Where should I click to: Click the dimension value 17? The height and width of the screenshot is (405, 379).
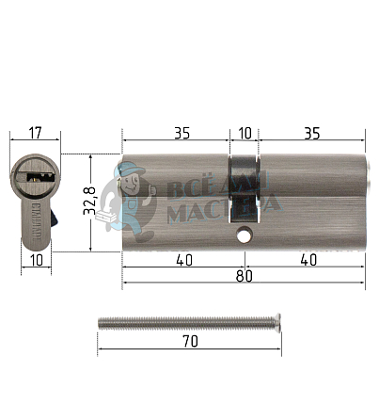(36, 133)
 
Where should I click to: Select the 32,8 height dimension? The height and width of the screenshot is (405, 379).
(89, 201)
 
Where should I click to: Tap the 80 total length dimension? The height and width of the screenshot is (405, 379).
(245, 276)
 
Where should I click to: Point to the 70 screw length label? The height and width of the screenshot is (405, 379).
(191, 341)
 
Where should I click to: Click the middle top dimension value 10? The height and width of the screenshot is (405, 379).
(245, 133)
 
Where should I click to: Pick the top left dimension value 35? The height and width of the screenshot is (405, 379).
(182, 133)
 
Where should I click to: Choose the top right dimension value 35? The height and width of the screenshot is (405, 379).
(312, 133)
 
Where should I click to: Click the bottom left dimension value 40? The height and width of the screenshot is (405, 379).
(184, 260)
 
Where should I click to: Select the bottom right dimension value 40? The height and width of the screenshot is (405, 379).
(308, 260)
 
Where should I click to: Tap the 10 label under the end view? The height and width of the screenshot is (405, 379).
(37, 260)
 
